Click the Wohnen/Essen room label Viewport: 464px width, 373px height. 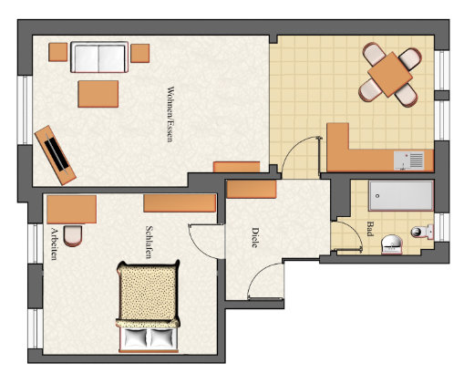coord(170,114)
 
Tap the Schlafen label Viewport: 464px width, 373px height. coord(149,242)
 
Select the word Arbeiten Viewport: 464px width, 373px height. coord(54,243)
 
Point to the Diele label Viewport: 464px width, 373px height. coord(255,238)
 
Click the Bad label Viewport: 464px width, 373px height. coord(370,229)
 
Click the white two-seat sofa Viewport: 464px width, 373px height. coord(99,57)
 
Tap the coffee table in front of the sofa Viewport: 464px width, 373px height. coord(98,94)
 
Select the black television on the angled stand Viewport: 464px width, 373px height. coord(57,153)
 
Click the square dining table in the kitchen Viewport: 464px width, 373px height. coord(390,74)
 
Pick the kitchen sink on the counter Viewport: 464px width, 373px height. coord(408,161)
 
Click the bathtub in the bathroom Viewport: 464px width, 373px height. coord(401,196)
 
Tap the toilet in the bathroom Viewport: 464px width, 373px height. coord(422,232)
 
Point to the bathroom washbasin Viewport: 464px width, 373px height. coord(392,243)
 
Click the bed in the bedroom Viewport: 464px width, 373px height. coord(148,306)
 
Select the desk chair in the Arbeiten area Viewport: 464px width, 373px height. coord(73,235)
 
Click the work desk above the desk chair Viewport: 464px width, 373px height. coord(72,209)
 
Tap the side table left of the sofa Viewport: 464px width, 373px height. coord(57,52)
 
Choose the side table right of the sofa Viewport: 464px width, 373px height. coord(140,53)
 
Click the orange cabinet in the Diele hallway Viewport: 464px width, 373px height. coord(252,189)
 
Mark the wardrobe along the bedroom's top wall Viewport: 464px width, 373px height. coord(180,203)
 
